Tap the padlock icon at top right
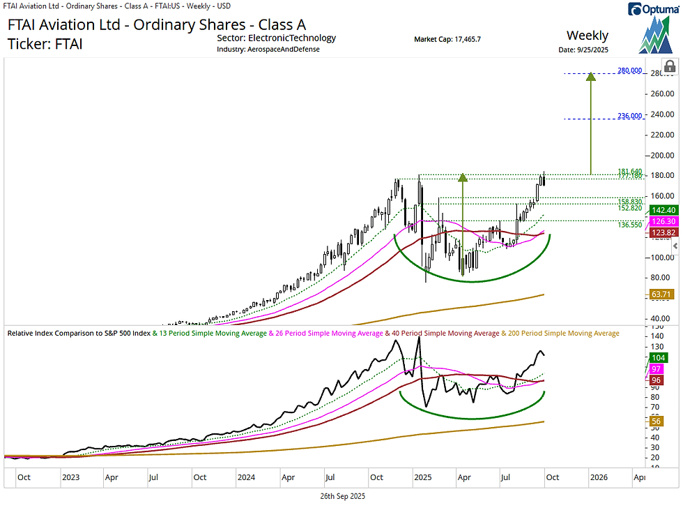[x=669, y=66]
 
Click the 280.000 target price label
[x=629, y=71]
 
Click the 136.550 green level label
[x=629, y=225]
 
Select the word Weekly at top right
[x=587, y=36]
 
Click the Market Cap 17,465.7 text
[x=447, y=39]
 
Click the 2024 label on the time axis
[x=245, y=478]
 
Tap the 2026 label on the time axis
[x=597, y=478]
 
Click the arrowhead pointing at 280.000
[x=591, y=77]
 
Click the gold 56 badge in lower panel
[x=656, y=421]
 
